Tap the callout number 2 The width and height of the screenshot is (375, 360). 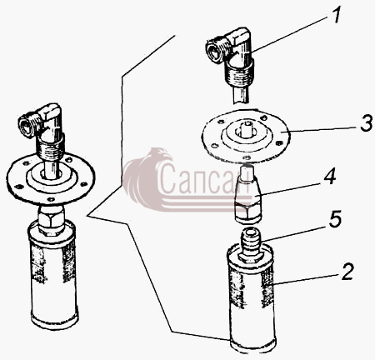click(x=346, y=272)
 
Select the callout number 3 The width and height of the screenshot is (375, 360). click(x=367, y=123)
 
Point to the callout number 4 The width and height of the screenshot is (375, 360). click(x=328, y=176)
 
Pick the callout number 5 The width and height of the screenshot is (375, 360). click(x=333, y=218)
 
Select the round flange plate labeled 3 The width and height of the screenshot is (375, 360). click(x=246, y=136)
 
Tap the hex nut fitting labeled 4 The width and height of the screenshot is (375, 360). click(x=247, y=194)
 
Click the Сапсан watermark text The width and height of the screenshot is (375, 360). click(x=204, y=177)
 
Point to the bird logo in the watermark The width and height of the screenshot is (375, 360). click(x=144, y=177)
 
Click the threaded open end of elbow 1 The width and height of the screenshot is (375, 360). click(x=216, y=51)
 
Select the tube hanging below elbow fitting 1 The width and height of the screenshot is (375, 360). click(x=241, y=95)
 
